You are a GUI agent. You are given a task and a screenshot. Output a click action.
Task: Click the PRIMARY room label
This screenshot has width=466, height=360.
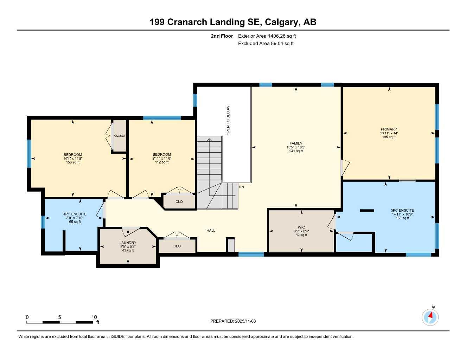click(389, 129)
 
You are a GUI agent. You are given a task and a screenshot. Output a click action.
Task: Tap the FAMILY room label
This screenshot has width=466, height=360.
click(296, 143)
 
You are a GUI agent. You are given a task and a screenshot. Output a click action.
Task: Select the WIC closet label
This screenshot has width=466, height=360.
click(301, 227)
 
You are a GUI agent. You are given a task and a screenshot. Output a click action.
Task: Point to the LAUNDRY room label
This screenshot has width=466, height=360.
click(128, 243)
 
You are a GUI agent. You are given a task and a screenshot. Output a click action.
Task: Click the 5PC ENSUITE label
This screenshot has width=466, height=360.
click(402, 211)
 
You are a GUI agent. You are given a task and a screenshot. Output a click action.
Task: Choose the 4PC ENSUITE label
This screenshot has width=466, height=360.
click(75, 214)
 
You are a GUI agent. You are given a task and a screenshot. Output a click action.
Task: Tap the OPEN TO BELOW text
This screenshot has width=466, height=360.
click(228, 121)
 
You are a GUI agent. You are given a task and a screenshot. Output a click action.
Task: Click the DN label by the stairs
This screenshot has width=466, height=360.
click(241, 187)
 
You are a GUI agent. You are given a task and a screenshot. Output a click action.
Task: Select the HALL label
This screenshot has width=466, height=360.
click(211, 231)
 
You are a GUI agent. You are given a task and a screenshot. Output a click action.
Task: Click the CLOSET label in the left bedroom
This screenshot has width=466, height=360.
click(120, 136)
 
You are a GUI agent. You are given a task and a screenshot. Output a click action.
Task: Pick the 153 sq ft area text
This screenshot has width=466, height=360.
click(73, 162)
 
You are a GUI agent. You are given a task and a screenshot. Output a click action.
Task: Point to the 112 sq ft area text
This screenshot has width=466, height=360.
click(162, 162)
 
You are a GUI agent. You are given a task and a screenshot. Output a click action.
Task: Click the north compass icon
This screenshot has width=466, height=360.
click(430, 317)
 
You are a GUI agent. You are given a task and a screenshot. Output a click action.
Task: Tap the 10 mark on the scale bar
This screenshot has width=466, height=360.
click(94, 317)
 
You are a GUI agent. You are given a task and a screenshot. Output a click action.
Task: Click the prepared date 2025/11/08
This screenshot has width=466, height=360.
click(245, 321)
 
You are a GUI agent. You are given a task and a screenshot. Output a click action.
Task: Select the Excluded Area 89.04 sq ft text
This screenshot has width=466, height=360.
click(266, 44)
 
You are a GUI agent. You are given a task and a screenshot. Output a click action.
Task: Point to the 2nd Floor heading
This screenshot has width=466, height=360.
click(222, 36)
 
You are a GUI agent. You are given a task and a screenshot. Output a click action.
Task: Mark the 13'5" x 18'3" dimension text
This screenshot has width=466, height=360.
click(296, 147)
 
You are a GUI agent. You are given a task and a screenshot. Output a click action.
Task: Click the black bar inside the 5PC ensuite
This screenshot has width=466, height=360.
click(367, 211)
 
